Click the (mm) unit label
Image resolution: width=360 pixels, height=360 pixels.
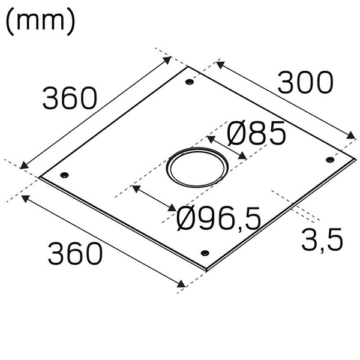pyautogui.click(x=40, y=22)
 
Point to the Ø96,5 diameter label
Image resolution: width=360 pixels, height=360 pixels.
pyautogui.click(x=220, y=218)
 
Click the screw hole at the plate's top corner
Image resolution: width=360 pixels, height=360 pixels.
pyautogui.click(x=190, y=81)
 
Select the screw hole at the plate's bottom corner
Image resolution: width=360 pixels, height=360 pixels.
pyautogui.click(x=205, y=253)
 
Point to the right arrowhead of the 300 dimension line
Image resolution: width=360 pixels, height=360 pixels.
pyautogui.click(x=352, y=137)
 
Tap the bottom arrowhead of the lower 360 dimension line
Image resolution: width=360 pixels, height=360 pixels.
pyautogui.click(x=182, y=284)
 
